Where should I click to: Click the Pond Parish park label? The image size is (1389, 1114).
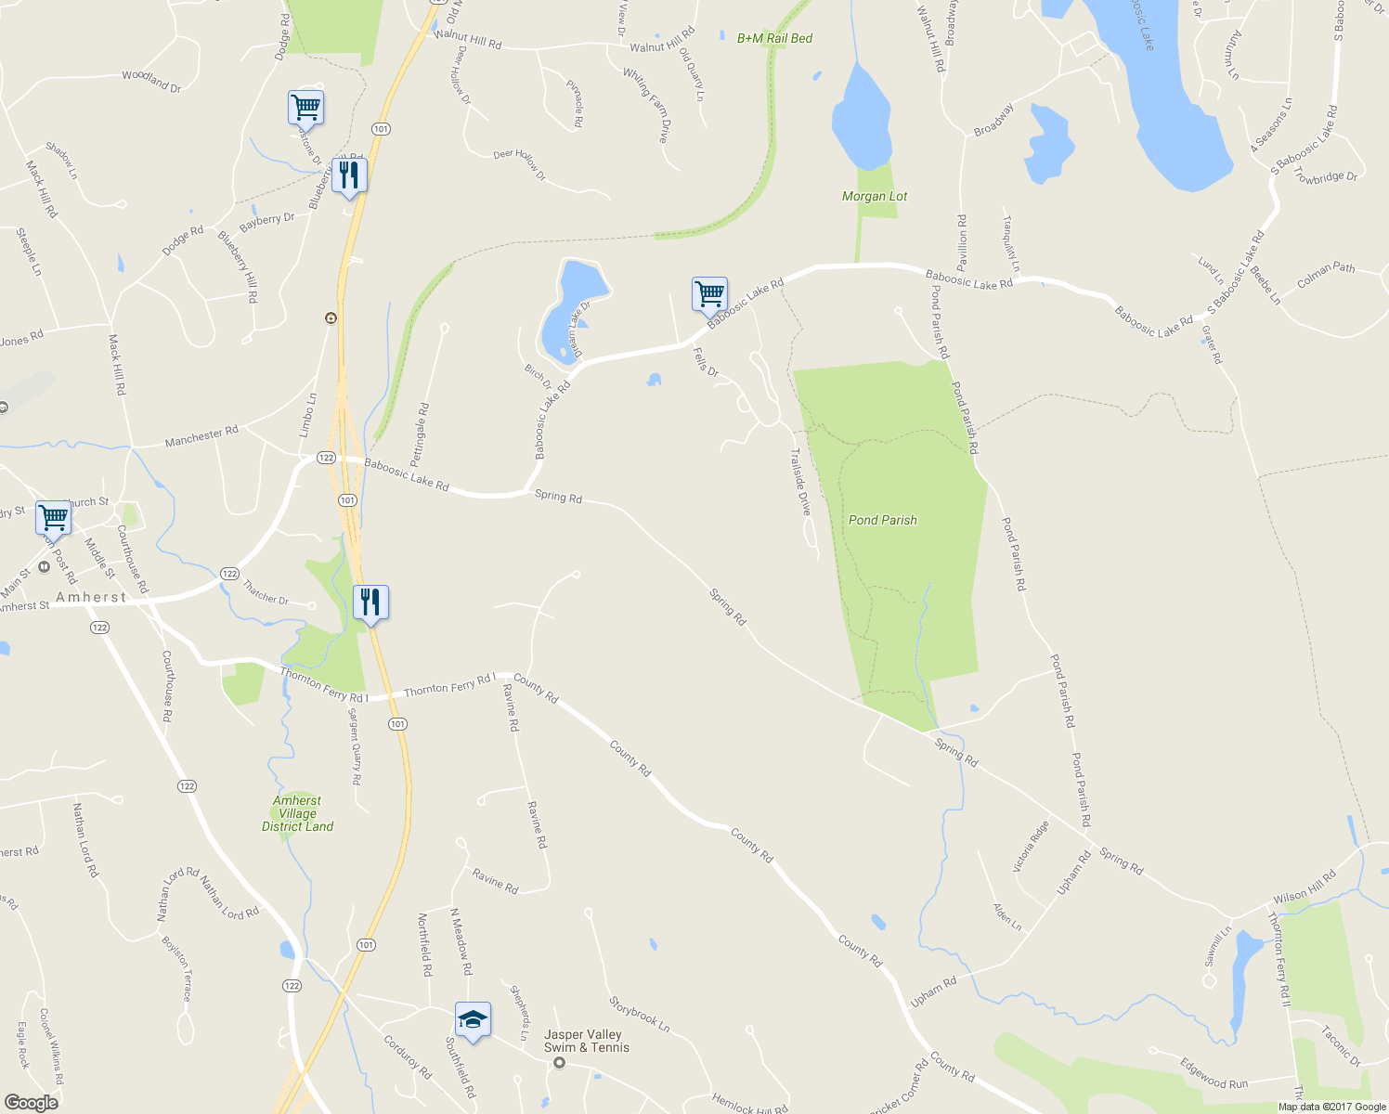pos(882,520)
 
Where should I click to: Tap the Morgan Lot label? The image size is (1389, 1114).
pos(874,196)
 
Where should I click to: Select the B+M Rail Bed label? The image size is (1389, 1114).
pos(774,38)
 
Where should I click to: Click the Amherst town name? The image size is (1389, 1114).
pos(91,597)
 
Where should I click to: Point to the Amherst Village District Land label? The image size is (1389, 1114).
pos(297,813)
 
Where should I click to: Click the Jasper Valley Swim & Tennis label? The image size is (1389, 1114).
pos(586,1041)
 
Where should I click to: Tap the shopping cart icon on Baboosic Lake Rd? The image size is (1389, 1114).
pos(709,294)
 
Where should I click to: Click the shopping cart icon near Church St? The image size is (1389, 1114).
pos(54,517)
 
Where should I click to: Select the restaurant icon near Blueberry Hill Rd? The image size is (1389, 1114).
pos(349,175)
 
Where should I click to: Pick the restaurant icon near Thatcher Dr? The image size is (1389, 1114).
pos(370,602)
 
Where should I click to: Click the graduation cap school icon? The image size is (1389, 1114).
pos(473,1019)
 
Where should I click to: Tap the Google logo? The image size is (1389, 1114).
pos(31,1103)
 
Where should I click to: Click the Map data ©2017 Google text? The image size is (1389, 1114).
pos(1331,1107)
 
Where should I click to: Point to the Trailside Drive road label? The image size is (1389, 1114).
pos(799,482)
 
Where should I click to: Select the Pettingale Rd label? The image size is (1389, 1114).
pos(420,434)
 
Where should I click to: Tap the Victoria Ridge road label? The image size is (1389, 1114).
pos(1030,846)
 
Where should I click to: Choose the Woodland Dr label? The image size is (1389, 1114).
pos(151,81)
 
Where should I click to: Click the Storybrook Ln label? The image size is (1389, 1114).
pos(640,1015)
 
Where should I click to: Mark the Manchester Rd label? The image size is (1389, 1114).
pos(201,435)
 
